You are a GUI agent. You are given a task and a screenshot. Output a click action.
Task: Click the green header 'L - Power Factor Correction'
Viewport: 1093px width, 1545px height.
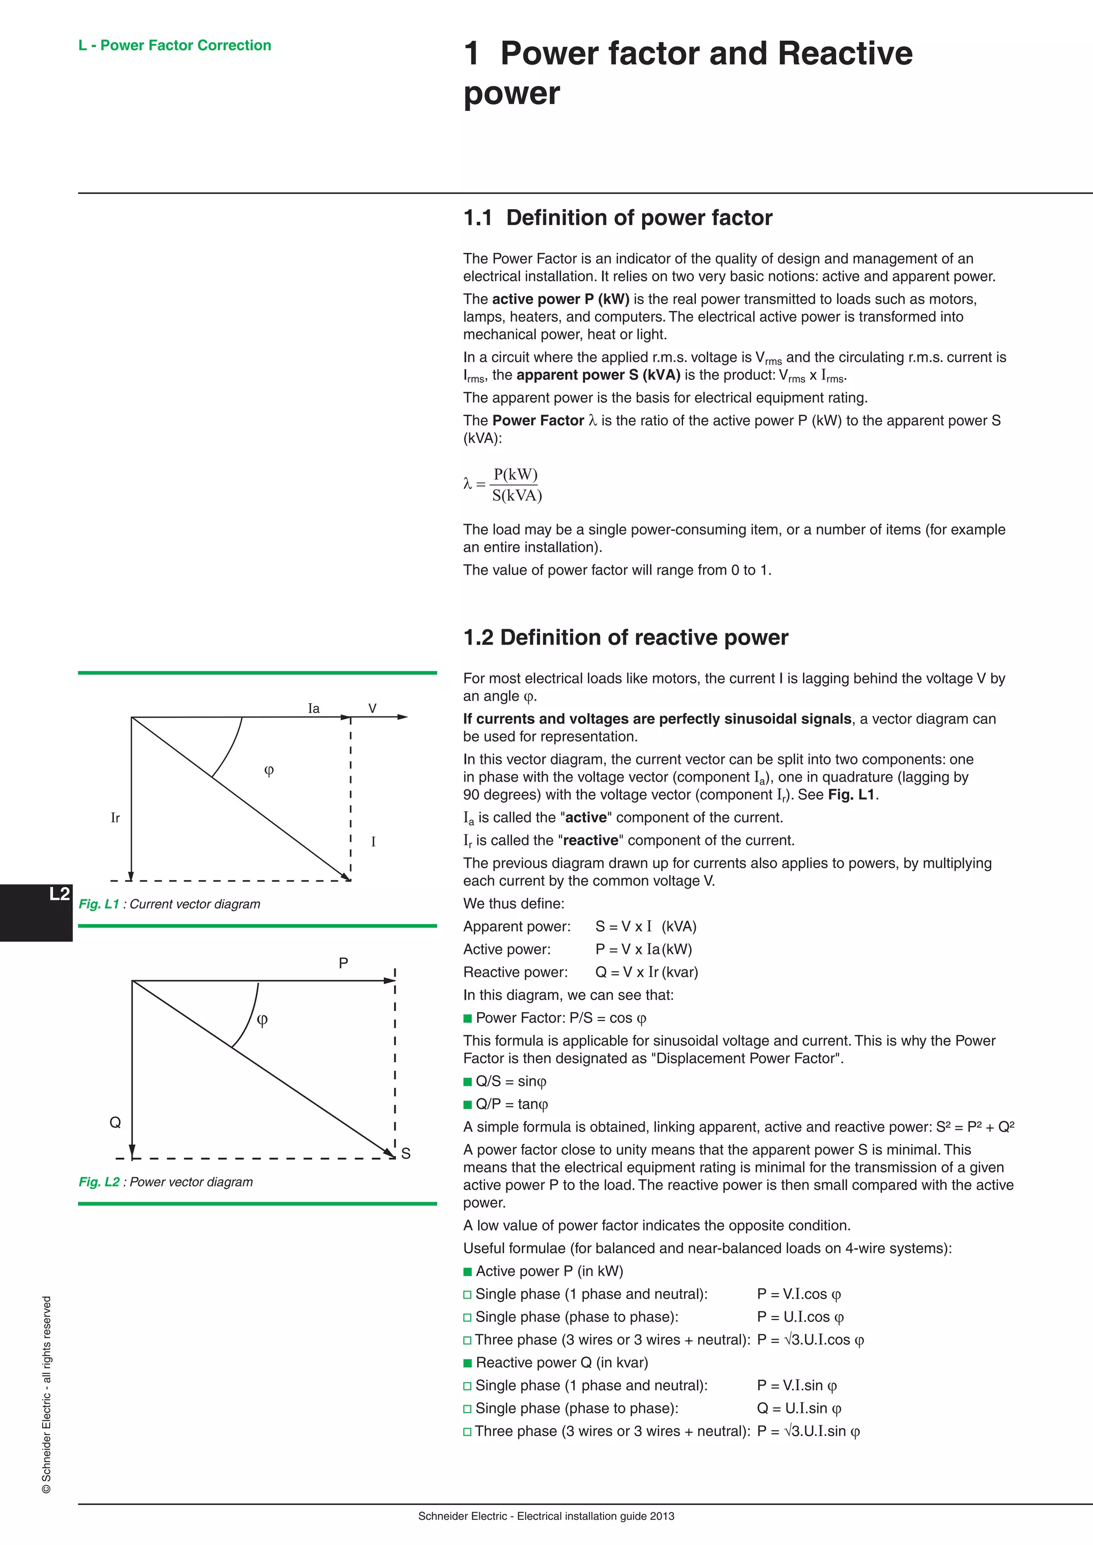click(x=175, y=45)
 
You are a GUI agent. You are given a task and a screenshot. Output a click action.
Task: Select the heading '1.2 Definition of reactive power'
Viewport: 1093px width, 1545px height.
click(x=625, y=637)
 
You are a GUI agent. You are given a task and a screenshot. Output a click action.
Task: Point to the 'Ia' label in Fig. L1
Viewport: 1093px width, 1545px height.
click(x=314, y=708)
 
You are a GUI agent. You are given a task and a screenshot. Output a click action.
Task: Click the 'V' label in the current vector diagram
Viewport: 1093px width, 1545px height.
click(x=372, y=708)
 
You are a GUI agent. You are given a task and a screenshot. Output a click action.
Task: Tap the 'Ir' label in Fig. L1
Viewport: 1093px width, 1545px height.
click(x=115, y=818)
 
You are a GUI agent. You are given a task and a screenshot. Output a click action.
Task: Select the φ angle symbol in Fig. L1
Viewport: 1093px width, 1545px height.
click(x=268, y=770)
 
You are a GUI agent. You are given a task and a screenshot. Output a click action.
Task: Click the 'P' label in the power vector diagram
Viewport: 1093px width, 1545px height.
click(x=343, y=963)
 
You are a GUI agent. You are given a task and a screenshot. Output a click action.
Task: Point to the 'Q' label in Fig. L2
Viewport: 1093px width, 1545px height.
click(x=115, y=1122)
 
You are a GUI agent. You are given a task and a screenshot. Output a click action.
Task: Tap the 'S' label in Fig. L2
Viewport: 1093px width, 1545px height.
click(x=406, y=1153)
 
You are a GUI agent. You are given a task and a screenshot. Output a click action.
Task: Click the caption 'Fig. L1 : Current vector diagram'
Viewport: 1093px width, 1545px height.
click(x=169, y=904)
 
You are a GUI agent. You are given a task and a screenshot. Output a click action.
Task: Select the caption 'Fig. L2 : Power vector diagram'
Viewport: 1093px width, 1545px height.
click(x=165, y=1182)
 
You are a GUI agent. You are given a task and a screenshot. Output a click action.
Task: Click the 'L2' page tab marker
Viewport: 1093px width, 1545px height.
click(x=59, y=894)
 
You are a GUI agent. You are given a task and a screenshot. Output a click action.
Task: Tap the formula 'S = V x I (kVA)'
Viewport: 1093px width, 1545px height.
click(x=645, y=927)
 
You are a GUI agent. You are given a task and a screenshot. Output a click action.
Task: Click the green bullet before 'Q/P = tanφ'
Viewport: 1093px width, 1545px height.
click(x=468, y=1104)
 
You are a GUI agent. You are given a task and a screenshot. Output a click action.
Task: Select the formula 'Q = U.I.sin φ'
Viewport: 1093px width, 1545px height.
click(x=799, y=1408)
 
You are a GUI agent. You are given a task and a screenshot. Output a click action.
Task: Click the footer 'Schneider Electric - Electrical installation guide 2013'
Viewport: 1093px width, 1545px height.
click(x=546, y=1516)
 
